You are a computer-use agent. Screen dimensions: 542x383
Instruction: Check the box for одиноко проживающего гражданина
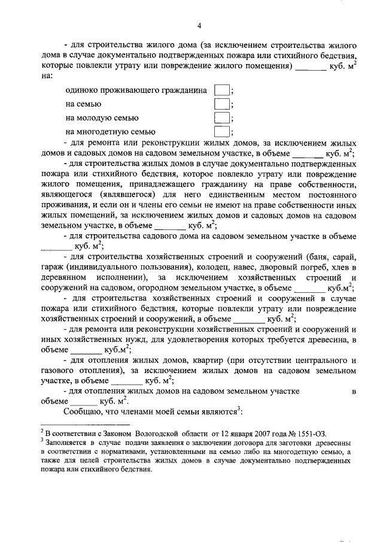(221, 90)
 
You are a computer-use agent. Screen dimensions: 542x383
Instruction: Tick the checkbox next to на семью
(221, 104)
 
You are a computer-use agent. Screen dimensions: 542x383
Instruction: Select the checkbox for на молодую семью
(221, 117)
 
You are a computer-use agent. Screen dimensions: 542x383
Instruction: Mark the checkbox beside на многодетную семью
(221, 131)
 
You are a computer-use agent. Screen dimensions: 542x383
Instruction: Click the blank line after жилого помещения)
(311, 66)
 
